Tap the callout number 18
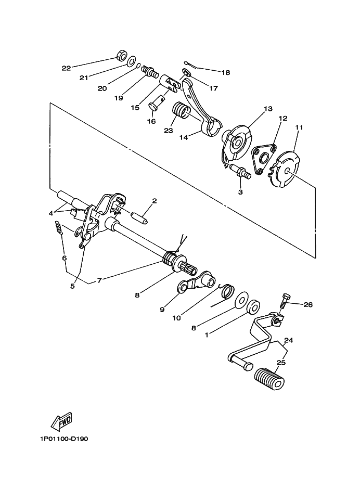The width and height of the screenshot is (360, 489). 225,73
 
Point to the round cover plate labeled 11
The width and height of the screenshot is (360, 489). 286,168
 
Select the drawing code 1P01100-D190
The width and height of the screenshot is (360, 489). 63,439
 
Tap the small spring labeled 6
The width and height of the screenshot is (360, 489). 59,228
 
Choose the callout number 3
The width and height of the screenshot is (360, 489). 241,192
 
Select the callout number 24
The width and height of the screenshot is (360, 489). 288,341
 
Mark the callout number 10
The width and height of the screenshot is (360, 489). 176,317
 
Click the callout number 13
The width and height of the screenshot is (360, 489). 267,109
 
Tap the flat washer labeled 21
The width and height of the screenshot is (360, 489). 132,60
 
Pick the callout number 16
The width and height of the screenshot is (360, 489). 151,121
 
